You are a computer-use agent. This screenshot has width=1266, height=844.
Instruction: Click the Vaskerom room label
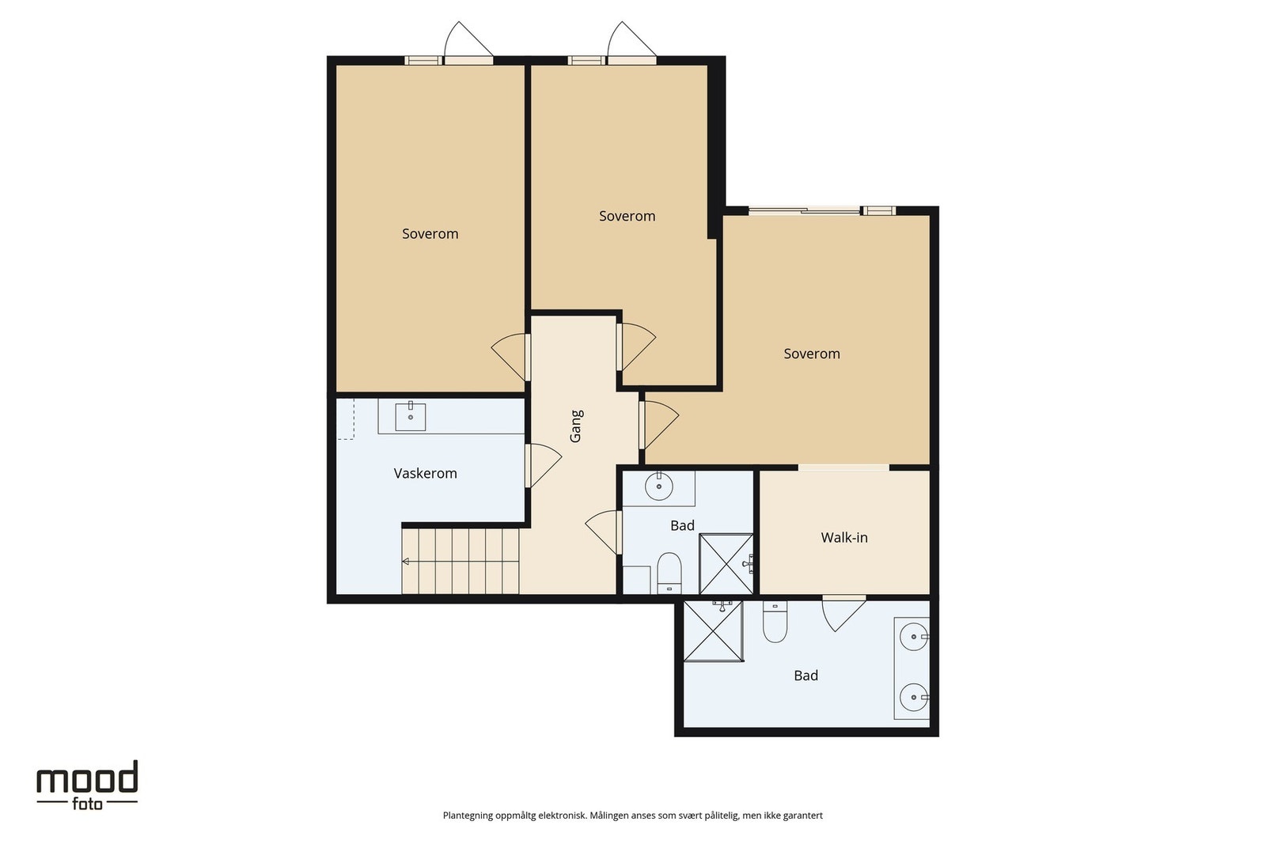coord(425,473)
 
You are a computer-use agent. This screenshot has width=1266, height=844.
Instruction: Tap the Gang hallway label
coord(576,426)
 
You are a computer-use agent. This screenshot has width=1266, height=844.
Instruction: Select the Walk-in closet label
coord(843,537)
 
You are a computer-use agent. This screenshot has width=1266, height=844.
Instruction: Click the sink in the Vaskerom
coord(411,416)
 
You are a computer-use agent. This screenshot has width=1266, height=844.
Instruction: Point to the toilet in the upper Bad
coord(669,573)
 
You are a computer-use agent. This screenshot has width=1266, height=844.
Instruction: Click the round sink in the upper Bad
coord(659,486)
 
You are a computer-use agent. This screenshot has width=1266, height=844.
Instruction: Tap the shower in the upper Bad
coord(726,564)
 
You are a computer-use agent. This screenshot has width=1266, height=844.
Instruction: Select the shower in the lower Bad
coord(713,631)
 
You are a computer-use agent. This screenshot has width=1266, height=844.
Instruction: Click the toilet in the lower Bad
coord(775,622)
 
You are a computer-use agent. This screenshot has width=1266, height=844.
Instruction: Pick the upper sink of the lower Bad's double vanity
coord(914,638)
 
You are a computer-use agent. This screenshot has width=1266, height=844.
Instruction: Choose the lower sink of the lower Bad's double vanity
coord(914,698)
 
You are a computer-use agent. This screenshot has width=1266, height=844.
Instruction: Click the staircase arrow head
coord(405,562)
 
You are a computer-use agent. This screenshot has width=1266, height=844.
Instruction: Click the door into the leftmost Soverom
coord(510,357)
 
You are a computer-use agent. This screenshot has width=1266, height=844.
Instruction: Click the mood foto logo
coord(87,785)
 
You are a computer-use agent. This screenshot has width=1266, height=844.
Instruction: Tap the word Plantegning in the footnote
coord(468,816)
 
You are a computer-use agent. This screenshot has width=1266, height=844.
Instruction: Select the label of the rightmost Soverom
coord(812,354)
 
